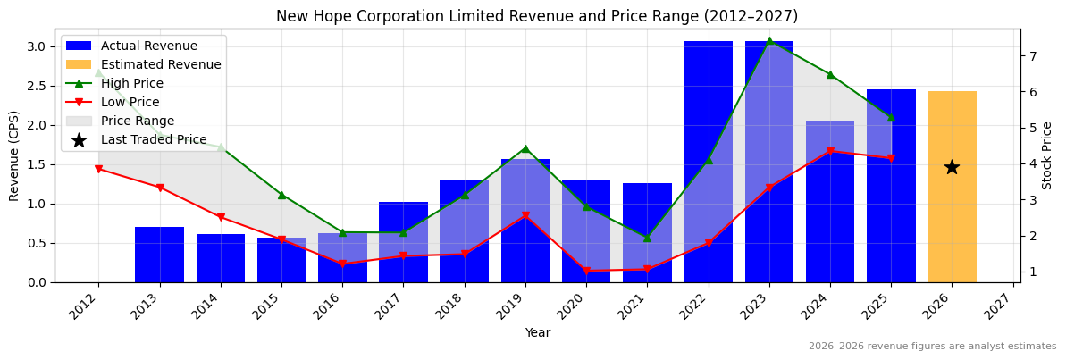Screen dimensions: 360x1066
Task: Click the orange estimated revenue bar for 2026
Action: click(952, 187)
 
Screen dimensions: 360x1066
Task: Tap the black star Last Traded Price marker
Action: click(952, 167)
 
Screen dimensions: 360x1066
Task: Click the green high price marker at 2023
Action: click(769, 41)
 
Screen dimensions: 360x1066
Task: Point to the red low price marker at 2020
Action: click(586, 271)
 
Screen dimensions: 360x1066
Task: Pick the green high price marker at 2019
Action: click(525, 149)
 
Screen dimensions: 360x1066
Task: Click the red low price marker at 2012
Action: click(98, 169)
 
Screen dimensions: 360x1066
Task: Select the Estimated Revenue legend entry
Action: click(161, 64)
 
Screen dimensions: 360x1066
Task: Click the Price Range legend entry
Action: click(138, 121)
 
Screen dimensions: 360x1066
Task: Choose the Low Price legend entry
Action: click(130, 102)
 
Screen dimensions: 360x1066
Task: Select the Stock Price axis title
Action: click(1047, 155)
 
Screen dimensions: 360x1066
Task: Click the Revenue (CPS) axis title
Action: click(14, 155)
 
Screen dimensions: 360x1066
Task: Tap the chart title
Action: click(537, 16)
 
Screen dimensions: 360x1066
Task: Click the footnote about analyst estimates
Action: click(932, 347)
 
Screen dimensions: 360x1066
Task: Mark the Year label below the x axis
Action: click(537, 332)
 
